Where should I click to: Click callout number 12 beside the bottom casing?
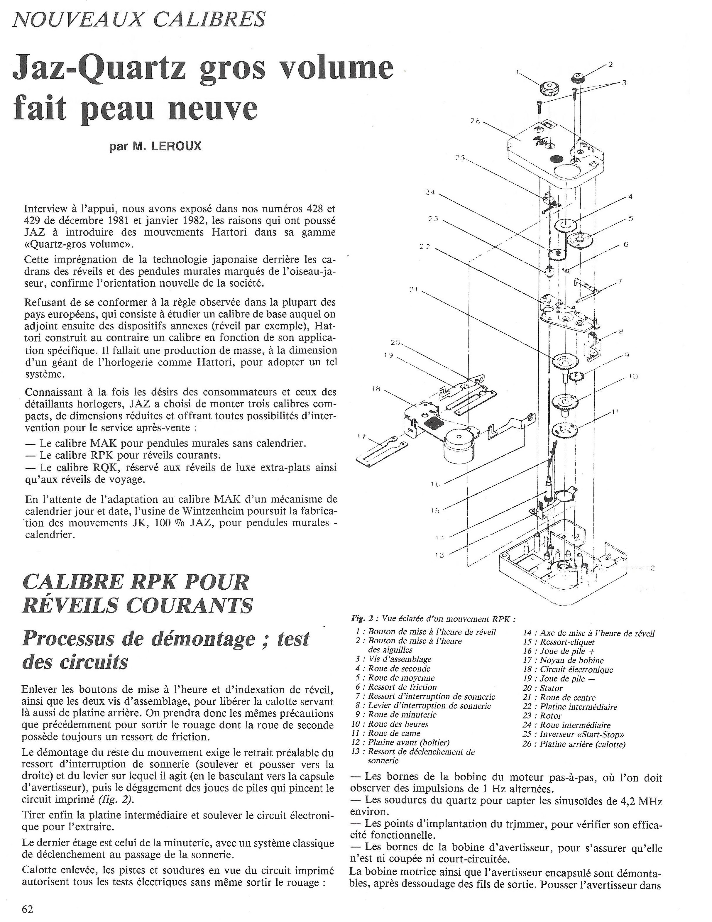pos(650,568)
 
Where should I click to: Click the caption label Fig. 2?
pos(361,619)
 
